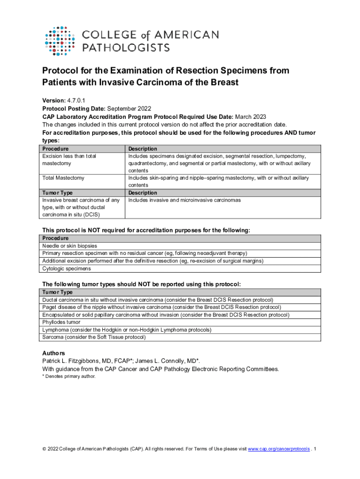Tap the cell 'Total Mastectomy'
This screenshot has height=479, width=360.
click(x=63, y=178)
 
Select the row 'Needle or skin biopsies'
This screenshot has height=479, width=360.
click(x=70, y=246)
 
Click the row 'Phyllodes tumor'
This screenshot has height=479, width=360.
click(x=61, y=322)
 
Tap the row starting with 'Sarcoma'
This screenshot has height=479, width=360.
click(x=94, y=337)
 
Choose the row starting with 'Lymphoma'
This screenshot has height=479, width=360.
click(x=127, y=329)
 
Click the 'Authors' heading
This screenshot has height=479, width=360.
click(x=54, y=353)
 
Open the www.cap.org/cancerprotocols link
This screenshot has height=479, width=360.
click(x=279, y=449)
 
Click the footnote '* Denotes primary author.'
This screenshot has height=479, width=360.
click(x=69, y=376)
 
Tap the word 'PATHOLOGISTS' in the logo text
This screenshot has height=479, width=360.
click(x=126, y=47)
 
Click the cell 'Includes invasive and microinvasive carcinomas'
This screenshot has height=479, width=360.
click(x=185, y=200)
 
